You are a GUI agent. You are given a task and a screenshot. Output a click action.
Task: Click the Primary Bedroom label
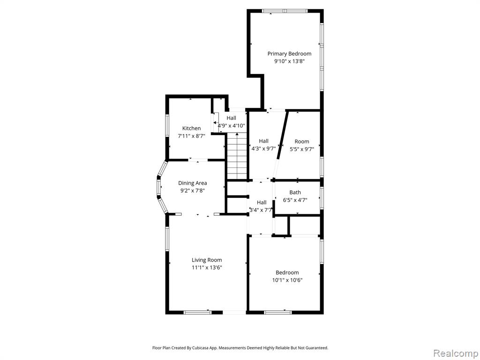point(289,54)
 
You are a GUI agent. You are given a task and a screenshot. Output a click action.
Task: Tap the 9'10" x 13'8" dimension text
point(289,61)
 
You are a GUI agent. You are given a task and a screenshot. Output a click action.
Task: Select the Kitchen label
point(192,128)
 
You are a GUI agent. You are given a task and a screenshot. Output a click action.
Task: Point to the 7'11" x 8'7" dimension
point(192,136)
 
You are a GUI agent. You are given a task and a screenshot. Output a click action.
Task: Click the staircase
point(237,157)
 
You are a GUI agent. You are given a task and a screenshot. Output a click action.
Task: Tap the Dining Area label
point(193,183)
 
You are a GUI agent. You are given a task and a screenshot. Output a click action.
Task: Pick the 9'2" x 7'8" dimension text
point(193,190)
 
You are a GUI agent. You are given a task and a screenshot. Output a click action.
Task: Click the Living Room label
point(207,260)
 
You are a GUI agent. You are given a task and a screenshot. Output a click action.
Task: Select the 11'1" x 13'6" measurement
point(207,268)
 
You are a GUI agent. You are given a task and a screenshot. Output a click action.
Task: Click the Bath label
point(295,192)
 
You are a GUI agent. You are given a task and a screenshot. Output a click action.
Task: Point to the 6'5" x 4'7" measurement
point(295,200)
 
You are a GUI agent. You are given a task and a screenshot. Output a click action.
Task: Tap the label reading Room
point(302,142)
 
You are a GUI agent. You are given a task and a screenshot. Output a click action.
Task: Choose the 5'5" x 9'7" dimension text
point(302,150)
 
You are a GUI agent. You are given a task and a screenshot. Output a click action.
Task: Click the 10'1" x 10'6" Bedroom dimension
point(287,280)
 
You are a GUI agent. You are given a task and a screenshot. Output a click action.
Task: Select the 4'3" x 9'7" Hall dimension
point(263,149)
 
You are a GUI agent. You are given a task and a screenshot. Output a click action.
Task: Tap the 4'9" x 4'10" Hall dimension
point(232,126)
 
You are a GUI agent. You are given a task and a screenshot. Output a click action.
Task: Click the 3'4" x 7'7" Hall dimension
point(261,210)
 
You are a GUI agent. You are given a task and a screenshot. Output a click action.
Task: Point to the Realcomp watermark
point(455,353)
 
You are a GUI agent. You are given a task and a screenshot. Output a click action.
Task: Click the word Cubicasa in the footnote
point(202,348)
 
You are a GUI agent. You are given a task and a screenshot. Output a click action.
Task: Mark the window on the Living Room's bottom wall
point(197,312)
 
